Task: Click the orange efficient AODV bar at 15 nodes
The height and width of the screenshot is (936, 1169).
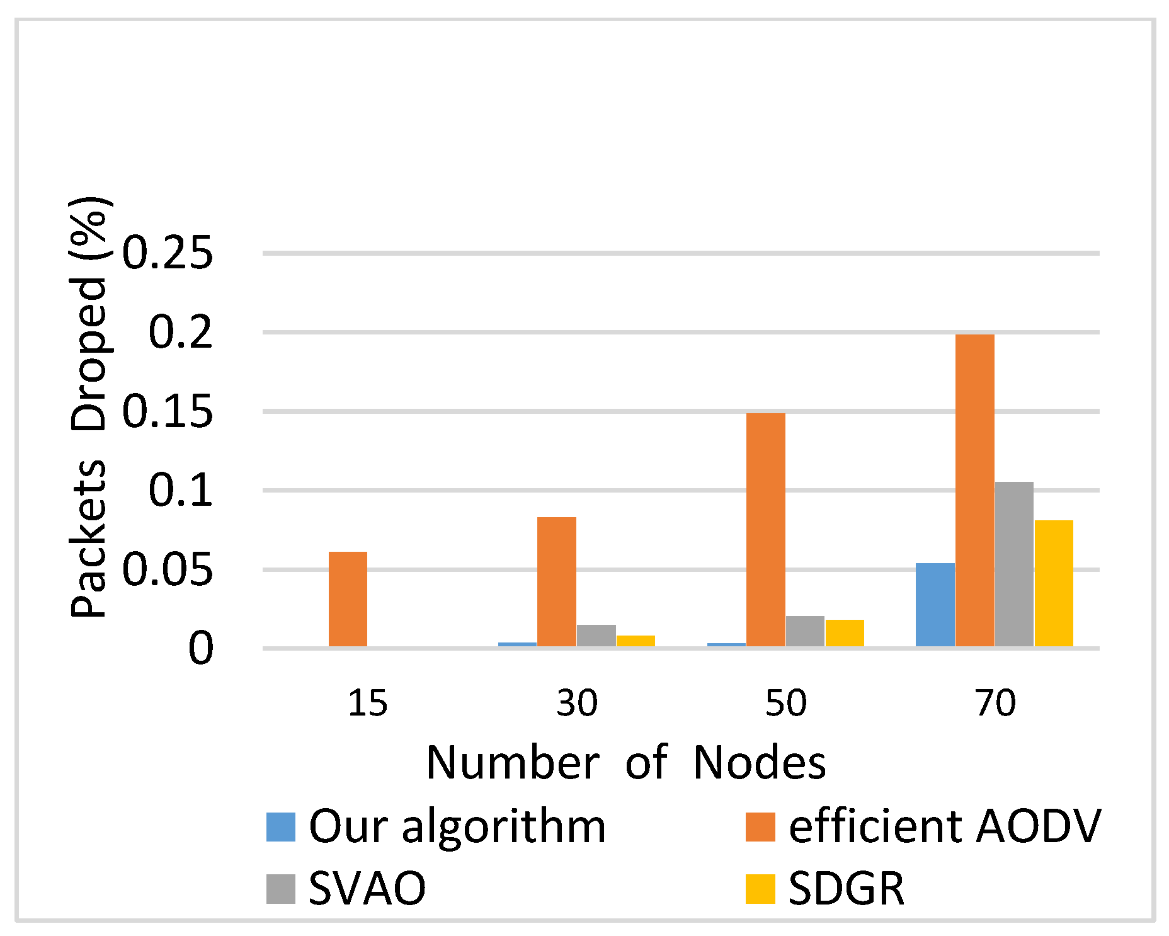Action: (348, 599)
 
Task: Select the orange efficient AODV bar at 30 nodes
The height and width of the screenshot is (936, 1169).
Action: (556, 581)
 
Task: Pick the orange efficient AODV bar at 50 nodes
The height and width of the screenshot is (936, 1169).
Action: (765, 530)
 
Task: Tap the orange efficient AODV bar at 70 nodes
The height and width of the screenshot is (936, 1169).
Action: (974, 490)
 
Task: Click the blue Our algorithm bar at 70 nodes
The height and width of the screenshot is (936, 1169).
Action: (935, 605)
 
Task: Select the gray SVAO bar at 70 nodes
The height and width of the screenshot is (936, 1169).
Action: (1014, 564)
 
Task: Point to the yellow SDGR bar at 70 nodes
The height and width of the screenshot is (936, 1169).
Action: (1054, 583)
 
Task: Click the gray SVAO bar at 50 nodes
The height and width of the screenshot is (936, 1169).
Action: (805, 631)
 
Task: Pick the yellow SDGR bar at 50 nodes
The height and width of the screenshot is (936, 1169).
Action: (845, 633)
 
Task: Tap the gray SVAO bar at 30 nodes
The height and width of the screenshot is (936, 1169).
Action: (596, 636)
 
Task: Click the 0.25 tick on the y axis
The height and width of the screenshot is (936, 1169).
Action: (168, 253)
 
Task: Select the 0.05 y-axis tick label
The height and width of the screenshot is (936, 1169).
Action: (168, 569)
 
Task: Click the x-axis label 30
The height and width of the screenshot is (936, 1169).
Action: (576, 703)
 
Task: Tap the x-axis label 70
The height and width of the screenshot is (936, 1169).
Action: (995, 703)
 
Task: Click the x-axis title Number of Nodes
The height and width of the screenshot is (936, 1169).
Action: (625, 763)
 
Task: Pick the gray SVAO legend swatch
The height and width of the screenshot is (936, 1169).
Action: (281, 889)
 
